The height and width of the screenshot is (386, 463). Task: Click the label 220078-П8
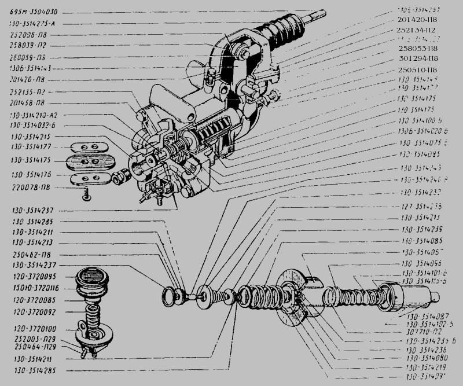click(28, 188)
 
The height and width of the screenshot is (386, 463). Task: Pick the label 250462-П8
click(28, 254)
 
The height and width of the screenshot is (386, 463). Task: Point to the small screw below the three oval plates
click(86, 197)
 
